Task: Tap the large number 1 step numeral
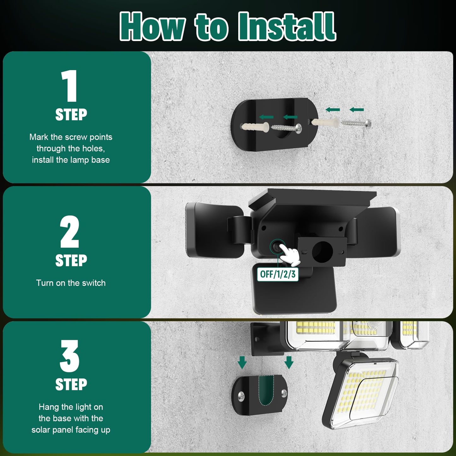pyautogui.click(x=70, y=86)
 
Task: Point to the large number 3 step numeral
pyautogui.click(x=69, y=356)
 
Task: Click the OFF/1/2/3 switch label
pyautogui.click(x=278, y=274)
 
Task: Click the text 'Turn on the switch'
pyautogui.click(x=71, y=283)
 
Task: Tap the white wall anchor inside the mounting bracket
pyautogui.click(x=255, y=127)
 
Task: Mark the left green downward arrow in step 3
pyautogui.click(x=242, y=362)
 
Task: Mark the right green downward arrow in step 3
pyautogui.click(x=289, y=362)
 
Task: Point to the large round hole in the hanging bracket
pyautogui.click(x=322, y=252)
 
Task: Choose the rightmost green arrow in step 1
pyautogui.click(x=357, y=110)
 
